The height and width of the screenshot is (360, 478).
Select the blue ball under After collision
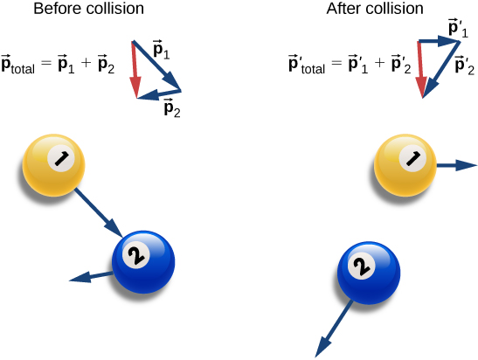(x=368, y=270)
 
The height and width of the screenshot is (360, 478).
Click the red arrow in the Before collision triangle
(x=135, y=69)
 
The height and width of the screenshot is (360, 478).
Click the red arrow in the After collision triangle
(x=421, y=69)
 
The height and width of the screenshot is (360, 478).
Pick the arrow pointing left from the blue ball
(x=92, y=277)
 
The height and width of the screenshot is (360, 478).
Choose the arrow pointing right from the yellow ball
(x=456, y=164)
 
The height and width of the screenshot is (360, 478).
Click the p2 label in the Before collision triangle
(x=171, y=108)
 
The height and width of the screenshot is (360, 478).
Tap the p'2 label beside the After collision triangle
(x=463, y=63)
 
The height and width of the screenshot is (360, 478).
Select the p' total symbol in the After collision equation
(x=307, y=65)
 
